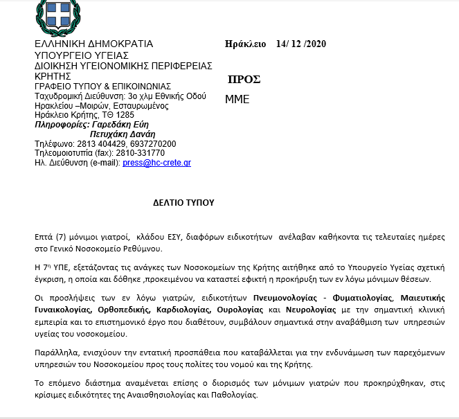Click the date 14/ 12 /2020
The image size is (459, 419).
tap(300, 44)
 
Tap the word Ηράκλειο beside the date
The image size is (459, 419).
tap(246, 44)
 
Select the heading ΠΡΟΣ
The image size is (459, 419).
tap(244, 79)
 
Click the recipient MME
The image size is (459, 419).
tap(237, 99)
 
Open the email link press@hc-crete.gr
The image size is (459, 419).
tap(156, 162)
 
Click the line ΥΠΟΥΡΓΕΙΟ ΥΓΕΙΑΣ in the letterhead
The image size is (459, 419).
tap(82, 55)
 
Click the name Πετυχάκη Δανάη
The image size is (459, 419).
tap(123, 134)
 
